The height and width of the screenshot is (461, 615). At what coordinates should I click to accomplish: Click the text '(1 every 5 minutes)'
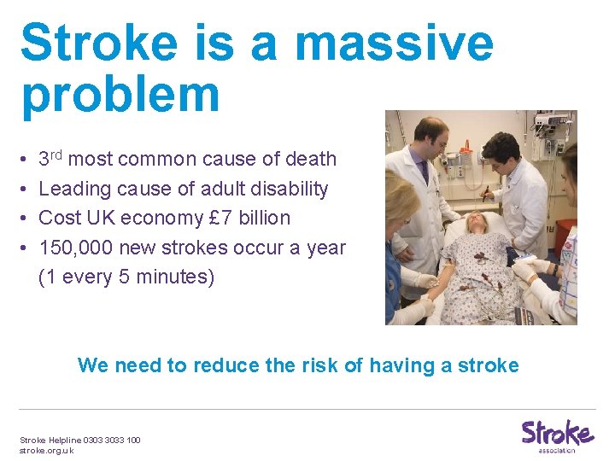[126, 277]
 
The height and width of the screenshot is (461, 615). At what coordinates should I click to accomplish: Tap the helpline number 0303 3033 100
[112, 440]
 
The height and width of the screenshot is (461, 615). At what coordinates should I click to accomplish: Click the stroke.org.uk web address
[47, 450]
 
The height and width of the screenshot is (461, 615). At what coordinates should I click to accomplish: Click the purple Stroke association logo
[557, 435]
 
